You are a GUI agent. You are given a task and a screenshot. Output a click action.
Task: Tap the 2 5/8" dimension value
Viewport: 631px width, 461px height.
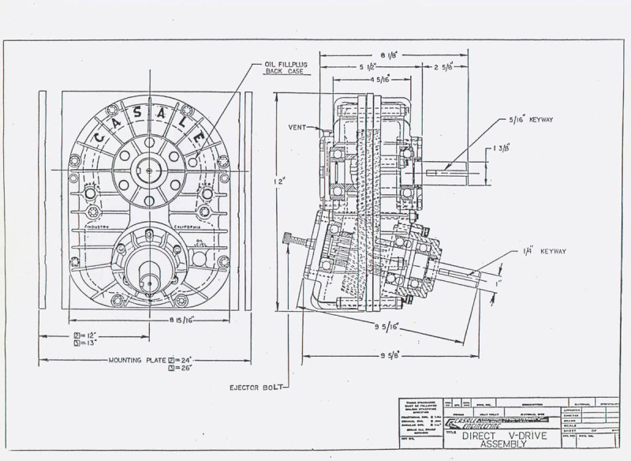click(x=444, y=68)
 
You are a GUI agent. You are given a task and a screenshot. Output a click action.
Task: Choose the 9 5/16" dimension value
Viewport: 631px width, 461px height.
click(x=385, y=325)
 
